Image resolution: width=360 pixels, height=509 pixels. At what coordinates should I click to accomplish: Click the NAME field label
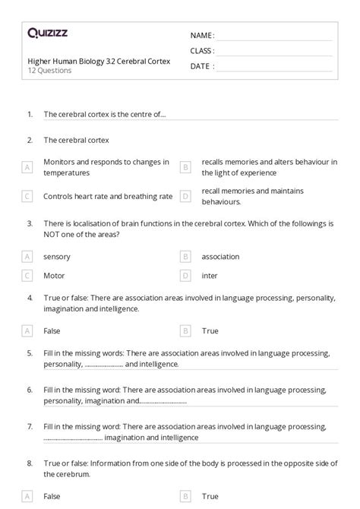click(x=202, y=36)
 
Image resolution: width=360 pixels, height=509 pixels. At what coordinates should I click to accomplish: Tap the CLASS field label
click(x=203, y=51)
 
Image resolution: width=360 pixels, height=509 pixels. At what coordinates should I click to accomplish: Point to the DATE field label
click(x=201, y=66)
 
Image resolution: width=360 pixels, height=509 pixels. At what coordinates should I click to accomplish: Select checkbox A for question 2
click(x=27, y=167)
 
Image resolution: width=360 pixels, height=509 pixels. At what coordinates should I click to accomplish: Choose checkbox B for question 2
click(x=185, y=167)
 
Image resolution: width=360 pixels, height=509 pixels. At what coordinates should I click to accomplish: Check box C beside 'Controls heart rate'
click(x=27, y=196)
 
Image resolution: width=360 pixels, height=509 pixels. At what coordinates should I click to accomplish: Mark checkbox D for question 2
click(x=185, y=196)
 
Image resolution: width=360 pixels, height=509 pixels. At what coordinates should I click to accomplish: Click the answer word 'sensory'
click(x=57, y=257)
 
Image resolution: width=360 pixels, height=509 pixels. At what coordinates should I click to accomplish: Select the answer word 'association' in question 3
click(x=220, y=257)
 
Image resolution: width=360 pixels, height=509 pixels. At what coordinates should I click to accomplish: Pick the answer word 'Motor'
click(x=55, y=275)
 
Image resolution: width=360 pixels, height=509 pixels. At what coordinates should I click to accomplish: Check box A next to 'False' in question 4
click(x=27, y=330)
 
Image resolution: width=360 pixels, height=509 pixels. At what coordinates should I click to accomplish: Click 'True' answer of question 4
click(x=210, y=330)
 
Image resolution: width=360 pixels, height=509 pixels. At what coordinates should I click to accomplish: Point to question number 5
click(x=30, y=353)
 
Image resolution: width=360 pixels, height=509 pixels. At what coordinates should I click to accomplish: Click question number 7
click(x=30, y=426)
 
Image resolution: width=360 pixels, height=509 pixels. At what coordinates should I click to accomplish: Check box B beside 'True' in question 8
click(x=185, y=495)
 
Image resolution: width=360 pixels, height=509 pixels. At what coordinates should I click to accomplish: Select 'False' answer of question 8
click(x=52, y=495)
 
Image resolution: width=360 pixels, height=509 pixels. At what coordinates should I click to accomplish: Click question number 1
click(x=30, y=114)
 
